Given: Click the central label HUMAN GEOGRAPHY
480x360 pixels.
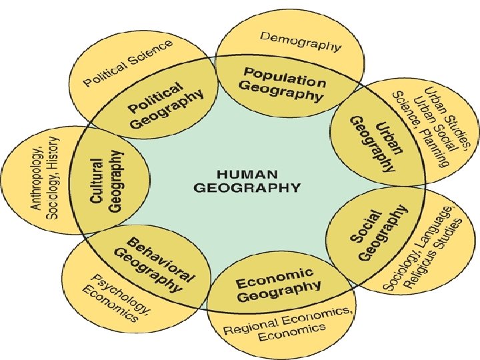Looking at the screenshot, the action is point(247,179).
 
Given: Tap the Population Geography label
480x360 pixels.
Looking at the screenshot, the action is point(283,84).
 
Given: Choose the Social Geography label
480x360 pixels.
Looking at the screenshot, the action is point(378,234).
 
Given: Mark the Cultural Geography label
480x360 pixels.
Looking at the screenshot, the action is point(106,181).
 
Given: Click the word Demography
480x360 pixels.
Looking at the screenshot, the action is point(301,41).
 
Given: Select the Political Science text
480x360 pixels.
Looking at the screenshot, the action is point(128,63).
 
